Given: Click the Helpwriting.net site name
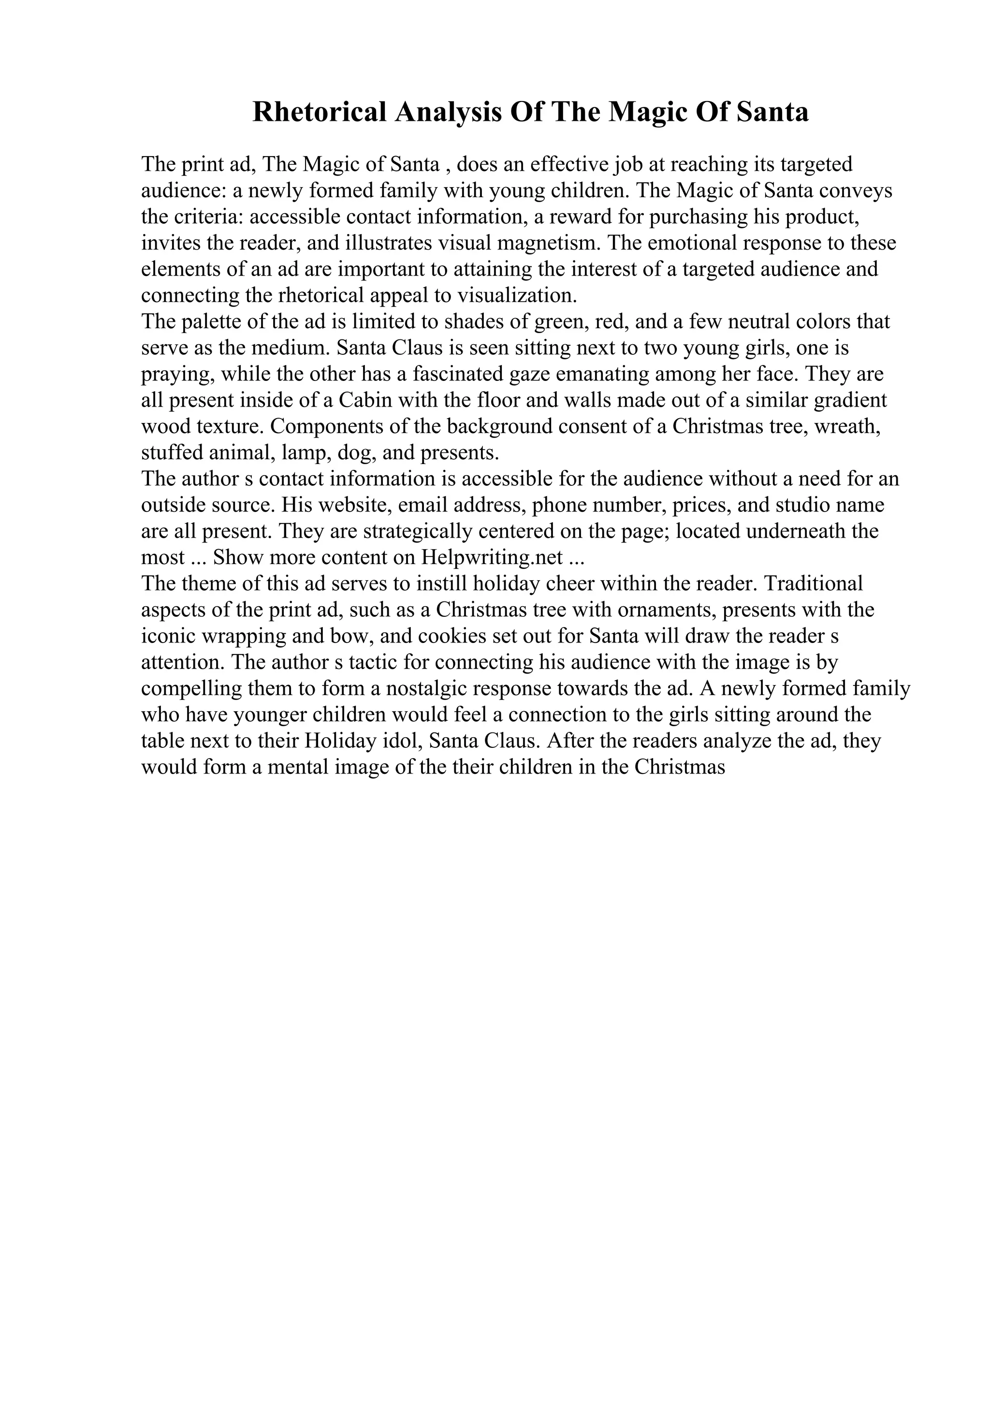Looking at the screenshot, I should (492, 558).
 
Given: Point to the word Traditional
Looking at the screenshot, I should (813, 584).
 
